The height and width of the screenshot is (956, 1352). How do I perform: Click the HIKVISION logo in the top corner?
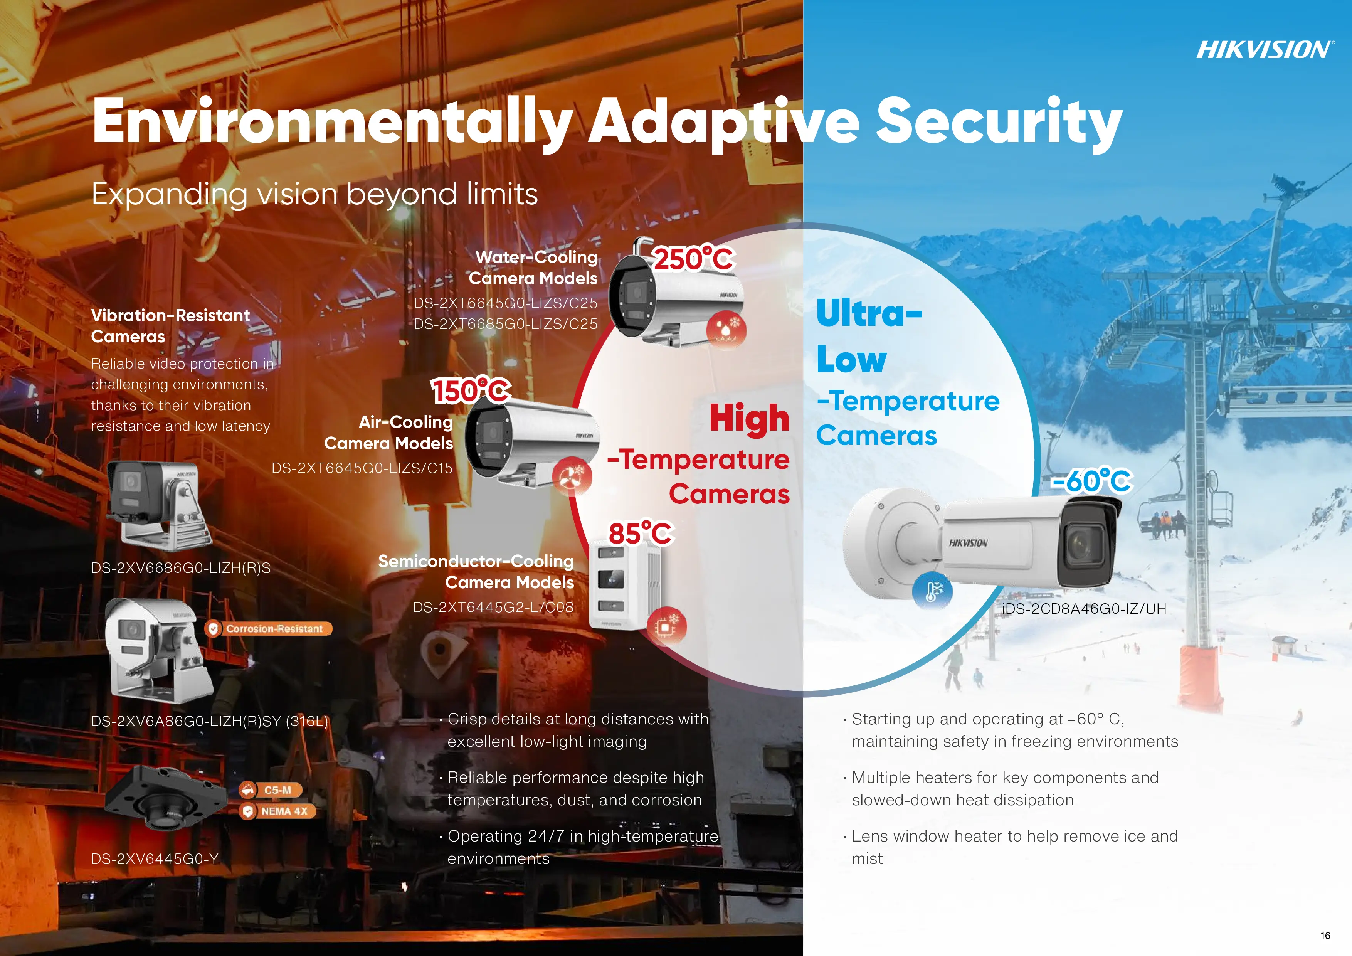1264,49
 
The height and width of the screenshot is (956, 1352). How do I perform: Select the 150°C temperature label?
471,390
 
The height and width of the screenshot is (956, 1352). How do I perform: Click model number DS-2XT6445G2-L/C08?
493,607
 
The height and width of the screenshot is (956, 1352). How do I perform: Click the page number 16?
1325,936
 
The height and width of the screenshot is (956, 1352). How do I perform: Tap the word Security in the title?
999,122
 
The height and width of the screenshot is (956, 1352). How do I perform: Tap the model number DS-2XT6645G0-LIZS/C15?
362,468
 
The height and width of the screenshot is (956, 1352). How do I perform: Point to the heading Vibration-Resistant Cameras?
170,326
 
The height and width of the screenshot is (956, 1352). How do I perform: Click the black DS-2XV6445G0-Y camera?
166,798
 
